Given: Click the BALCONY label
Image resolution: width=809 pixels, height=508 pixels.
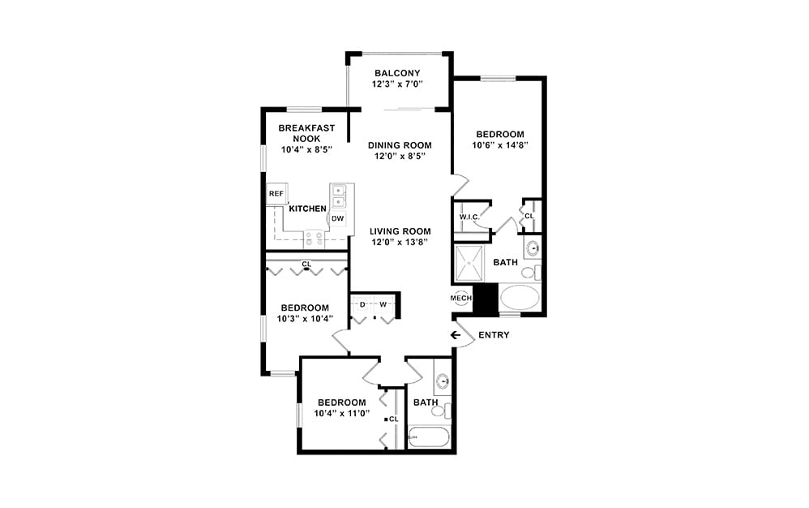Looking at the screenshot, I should click(397, 73).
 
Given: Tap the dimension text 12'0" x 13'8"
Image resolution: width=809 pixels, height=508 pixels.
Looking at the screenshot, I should click(399, 242).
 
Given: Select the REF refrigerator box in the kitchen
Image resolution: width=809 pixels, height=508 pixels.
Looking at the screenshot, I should click(276, 194).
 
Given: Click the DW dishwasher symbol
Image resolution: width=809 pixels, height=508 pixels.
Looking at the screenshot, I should click(337, 218).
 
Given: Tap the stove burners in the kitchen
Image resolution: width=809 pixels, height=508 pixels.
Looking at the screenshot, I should click(313, 239).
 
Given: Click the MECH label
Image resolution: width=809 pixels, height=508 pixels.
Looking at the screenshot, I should click(461, 298).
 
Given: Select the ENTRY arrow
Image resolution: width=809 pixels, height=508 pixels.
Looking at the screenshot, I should click(456, 335).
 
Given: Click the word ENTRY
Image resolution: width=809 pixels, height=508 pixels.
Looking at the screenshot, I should click(494, 335).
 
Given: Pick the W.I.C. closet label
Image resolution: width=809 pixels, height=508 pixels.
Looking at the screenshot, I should click(469, 217).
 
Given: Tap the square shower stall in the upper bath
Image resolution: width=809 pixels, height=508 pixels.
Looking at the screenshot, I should click(469, 264).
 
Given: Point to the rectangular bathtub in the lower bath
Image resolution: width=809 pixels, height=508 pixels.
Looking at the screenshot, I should click(426, 437).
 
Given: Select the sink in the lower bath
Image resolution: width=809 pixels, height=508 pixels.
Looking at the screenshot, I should click(442, 381).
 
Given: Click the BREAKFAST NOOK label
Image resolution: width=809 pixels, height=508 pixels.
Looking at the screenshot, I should click(302, 133).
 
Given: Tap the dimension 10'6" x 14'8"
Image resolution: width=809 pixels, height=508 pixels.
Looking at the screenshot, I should click(501, 145).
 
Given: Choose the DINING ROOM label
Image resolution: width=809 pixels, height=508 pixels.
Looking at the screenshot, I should click(400, 145).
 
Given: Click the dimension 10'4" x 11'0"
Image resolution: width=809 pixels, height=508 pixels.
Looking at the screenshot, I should click(342, 413).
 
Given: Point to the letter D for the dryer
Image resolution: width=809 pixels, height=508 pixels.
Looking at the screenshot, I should click(362, 305).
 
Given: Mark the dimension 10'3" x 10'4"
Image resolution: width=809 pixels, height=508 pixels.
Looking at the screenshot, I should click(305, 318).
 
